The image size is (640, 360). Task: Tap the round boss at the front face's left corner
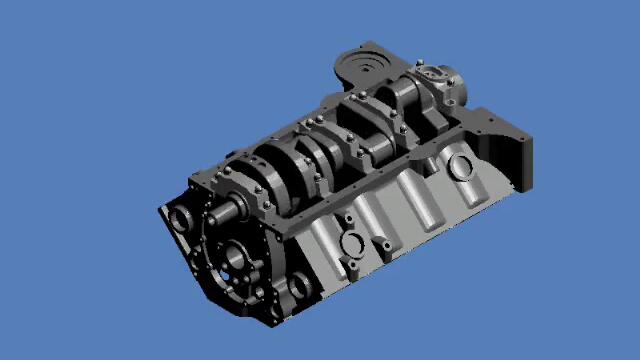(x=181, y=217)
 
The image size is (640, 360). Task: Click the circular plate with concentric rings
(x=365, y=68)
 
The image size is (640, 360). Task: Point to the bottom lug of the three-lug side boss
(x=352, y=268)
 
